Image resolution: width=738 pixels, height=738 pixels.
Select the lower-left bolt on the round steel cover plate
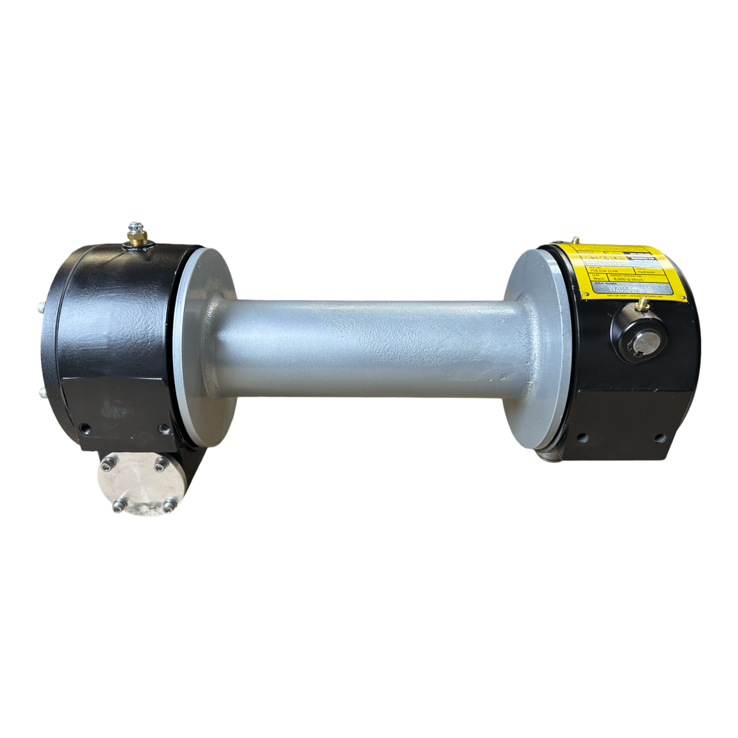(116, 508)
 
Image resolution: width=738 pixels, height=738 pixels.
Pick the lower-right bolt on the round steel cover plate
(167, 508)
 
